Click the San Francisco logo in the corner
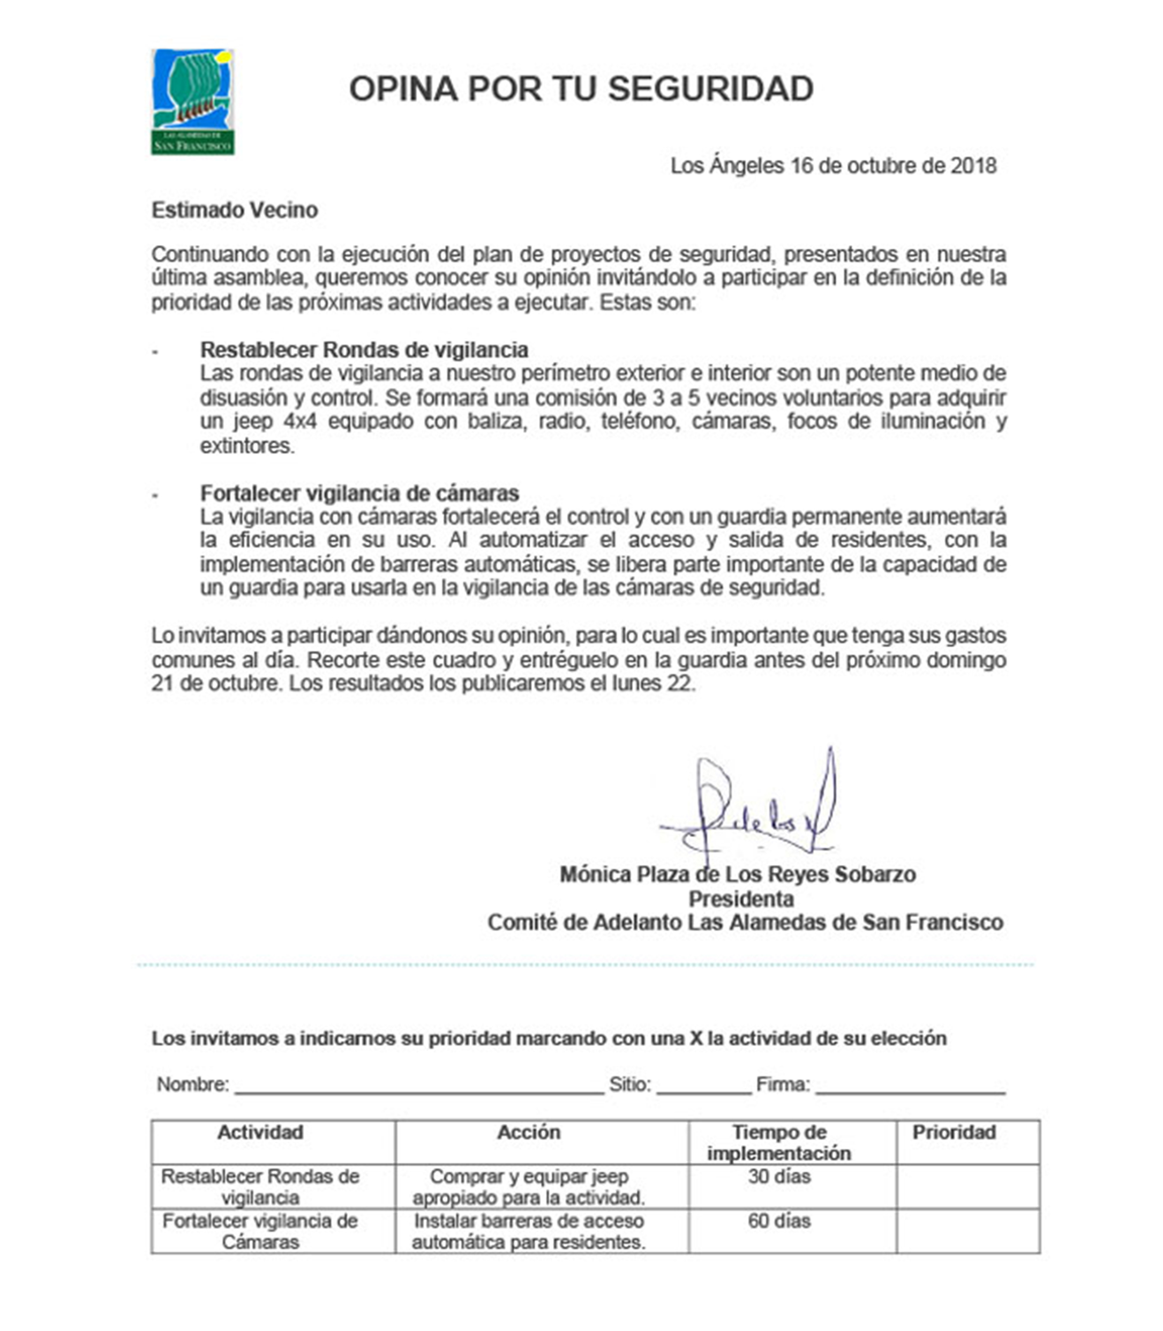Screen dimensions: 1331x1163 (x=193, y=102)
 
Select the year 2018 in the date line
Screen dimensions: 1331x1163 (x=973, y=166)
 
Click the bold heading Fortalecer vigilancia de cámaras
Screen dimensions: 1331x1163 (x=359, y=493)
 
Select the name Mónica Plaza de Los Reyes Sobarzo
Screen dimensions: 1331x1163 (x=737, y=874)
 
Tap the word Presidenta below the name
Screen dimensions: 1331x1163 (x=740, y=899)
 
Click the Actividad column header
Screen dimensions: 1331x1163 (x=260, y=1132)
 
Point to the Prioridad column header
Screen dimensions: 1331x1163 (x=954, y=1132)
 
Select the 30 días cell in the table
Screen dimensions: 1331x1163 (x=779, y=1177)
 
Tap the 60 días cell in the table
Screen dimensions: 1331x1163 (x=779, y=1221)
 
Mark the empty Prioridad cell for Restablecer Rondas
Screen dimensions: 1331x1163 (x=967, y=1186)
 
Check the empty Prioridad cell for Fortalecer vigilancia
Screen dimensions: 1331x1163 (x=967, y=1231)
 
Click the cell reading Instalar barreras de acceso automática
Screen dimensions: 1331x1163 (x=528, y=1231)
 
